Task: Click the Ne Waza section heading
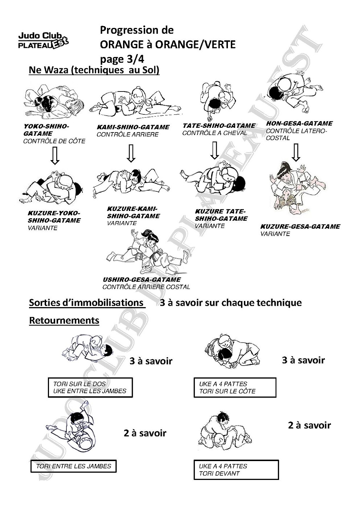(x=94, y=70)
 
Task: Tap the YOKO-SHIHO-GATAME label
(x=46, y=130)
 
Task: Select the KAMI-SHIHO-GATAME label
(x=133, y=127)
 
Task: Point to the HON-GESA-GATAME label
(x=299, y=123)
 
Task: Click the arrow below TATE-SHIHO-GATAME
(x=214, y=150)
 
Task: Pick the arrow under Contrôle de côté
(x=55, y=156)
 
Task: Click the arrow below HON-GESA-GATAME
(x=296, y=152)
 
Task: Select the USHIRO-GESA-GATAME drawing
(x=148, y=252)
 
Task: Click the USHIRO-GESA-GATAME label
(x=142, y=280)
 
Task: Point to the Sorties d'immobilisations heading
(x=86, y=303)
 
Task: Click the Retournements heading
(x=64, y=321)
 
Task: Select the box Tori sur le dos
(x=90, y=387)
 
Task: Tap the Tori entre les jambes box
(x=73, y=466)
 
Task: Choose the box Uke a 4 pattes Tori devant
(x=236, y=470)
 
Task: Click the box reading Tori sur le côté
(x=234, y=387)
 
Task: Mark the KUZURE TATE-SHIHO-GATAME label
(x=221, y=215)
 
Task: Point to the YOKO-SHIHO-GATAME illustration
(x=53, y=102)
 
